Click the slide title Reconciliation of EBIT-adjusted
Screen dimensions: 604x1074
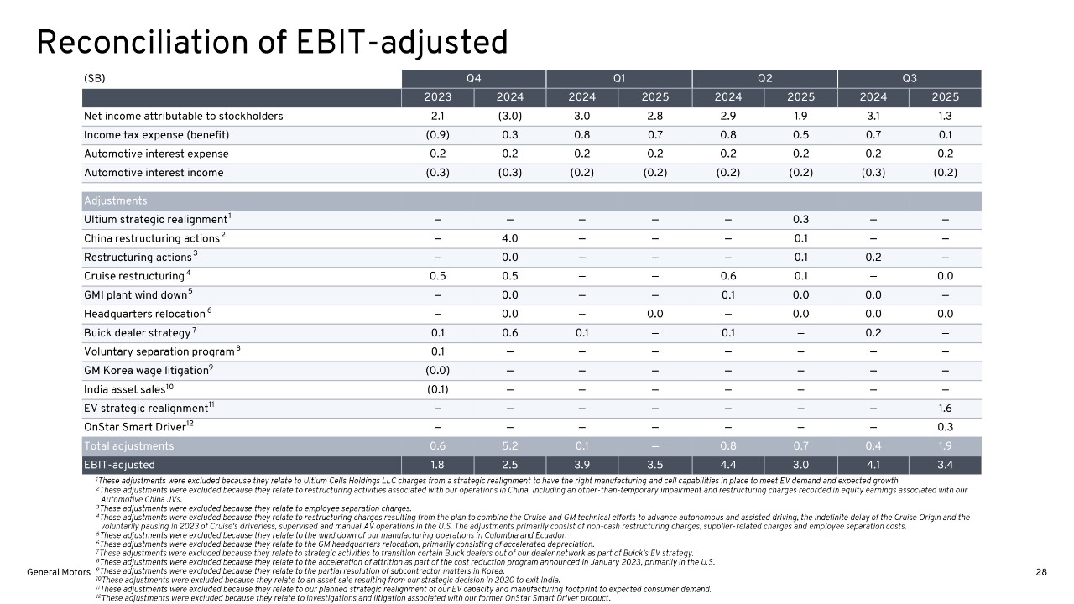[x=272, y=43]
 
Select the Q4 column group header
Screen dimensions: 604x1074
[x=473, y=78]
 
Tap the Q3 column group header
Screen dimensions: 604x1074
[x=909, y=78]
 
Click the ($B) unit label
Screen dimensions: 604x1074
[x=95, y=78]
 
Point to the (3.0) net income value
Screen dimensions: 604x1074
[x=510, y=116]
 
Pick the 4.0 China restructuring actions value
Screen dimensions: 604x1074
[x=510, y=238]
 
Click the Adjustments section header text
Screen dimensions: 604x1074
[x=115, y=201]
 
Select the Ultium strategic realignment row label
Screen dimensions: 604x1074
[x=155, y=220]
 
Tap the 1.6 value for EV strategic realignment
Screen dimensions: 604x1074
[x=945, y=408]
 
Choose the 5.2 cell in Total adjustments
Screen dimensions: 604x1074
[x=510, y=446]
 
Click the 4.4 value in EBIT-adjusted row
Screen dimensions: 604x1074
[x=728, y=465]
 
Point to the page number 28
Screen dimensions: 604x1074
[x=1041, y=572]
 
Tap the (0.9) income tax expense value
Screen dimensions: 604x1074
[x=438, y=135]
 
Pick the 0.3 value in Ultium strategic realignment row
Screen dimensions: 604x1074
[x=800, y=220]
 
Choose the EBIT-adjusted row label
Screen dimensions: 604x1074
[x=119, y=465]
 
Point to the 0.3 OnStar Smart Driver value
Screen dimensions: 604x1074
[x=945, y=427]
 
